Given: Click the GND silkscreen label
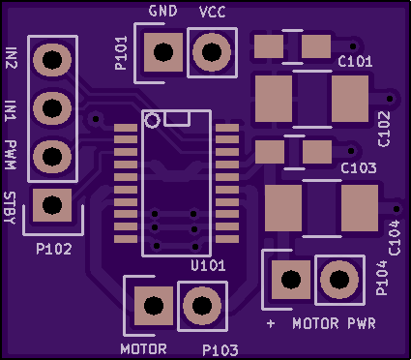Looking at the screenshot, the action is click(x=162, y=12).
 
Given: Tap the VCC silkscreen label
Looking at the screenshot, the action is click(x=213, y=13).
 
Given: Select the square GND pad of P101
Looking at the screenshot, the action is click(x=163, y=52).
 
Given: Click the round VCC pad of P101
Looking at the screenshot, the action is click(x=212, y=52).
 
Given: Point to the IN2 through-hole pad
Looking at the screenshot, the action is click(x=52, y=60).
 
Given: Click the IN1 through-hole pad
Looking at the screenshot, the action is click(x=52, y=108).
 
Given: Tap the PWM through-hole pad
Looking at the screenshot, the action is click(x=52, y=157).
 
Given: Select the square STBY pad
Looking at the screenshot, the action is click(x=52, y=205).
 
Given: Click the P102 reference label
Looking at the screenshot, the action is click(x=54, y=249).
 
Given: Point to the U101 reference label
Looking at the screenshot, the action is click(x=208, y=265).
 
